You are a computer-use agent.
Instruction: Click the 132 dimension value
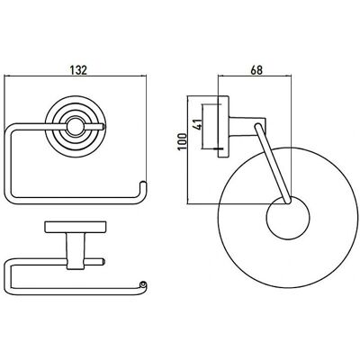[78, 70]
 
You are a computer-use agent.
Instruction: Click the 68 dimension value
[256, 70]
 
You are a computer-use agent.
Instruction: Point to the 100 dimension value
[183, 142]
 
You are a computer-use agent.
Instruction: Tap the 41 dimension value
[198, 123]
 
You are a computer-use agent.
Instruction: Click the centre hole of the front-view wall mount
[73, 127]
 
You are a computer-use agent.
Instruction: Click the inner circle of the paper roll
[288, 218]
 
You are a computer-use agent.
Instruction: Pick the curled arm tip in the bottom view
[144, 284]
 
